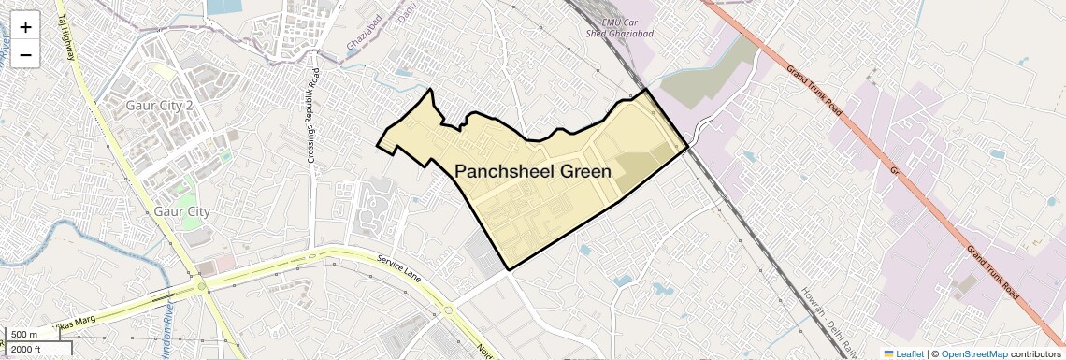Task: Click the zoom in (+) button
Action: (25, 26)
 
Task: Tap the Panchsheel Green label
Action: (533, 171)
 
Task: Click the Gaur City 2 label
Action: (159, 106)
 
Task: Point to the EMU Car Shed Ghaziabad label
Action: (627, 29)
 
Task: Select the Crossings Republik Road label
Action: (314, 116)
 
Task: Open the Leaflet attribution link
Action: (904, 353)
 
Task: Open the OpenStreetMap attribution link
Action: (974, 353)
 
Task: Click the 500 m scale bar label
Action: (24, 335)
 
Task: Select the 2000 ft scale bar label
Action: (26, 349)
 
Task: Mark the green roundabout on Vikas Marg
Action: (202, 286)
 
